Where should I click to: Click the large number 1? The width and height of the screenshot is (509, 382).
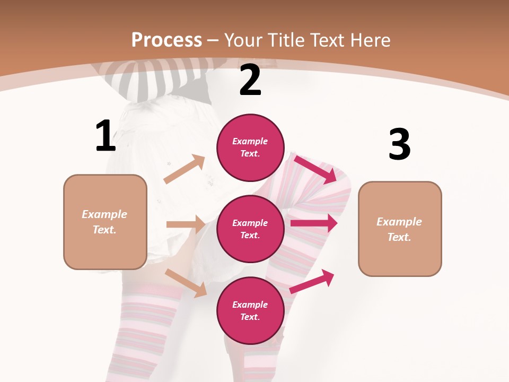106,136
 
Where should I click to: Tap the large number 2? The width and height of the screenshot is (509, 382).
250,81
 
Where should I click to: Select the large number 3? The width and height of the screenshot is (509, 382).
399,144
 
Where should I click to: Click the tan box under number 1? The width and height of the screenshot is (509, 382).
105,222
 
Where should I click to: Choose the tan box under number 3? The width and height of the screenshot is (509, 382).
400,229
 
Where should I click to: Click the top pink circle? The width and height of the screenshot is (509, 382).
250,147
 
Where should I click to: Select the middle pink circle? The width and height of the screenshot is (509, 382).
250,229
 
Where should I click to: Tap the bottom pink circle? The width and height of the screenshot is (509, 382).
250,310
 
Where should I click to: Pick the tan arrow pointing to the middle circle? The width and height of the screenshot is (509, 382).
186,224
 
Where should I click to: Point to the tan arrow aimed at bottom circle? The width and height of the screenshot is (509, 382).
186,283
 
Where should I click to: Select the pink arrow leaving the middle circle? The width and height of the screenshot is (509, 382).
314,223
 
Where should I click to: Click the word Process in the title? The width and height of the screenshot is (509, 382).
166,40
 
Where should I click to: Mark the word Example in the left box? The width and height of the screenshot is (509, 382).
104,214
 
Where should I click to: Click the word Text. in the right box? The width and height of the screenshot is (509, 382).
399,237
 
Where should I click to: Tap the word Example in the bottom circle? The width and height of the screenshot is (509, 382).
250,305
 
